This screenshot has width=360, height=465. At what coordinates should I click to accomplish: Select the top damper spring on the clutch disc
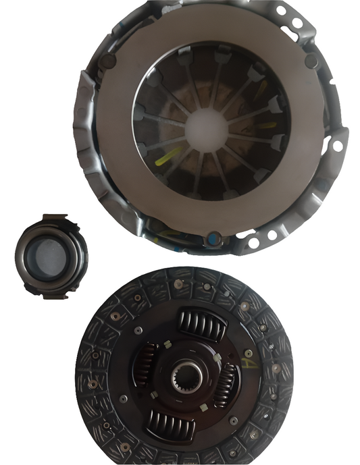(201, 325)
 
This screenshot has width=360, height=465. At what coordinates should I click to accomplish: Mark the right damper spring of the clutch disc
(226, 384)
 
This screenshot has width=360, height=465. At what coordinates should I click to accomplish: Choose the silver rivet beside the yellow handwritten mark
(249, 353)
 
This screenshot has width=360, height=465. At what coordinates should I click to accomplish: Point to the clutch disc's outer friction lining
(101, 405)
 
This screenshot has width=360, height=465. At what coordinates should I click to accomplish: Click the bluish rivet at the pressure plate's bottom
(214, 238)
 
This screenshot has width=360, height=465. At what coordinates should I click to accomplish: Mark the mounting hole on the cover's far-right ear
(336, 145)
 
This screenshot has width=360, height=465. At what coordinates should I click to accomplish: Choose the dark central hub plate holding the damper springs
(186, 398)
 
